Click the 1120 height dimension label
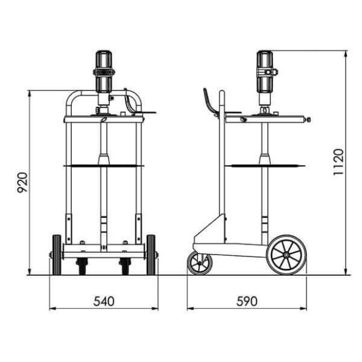(338, 162)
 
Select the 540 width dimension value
(104, 301)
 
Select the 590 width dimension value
(248, 301)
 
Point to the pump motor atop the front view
(104, 71)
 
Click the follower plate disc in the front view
(104, 165)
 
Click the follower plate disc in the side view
(266, 165)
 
